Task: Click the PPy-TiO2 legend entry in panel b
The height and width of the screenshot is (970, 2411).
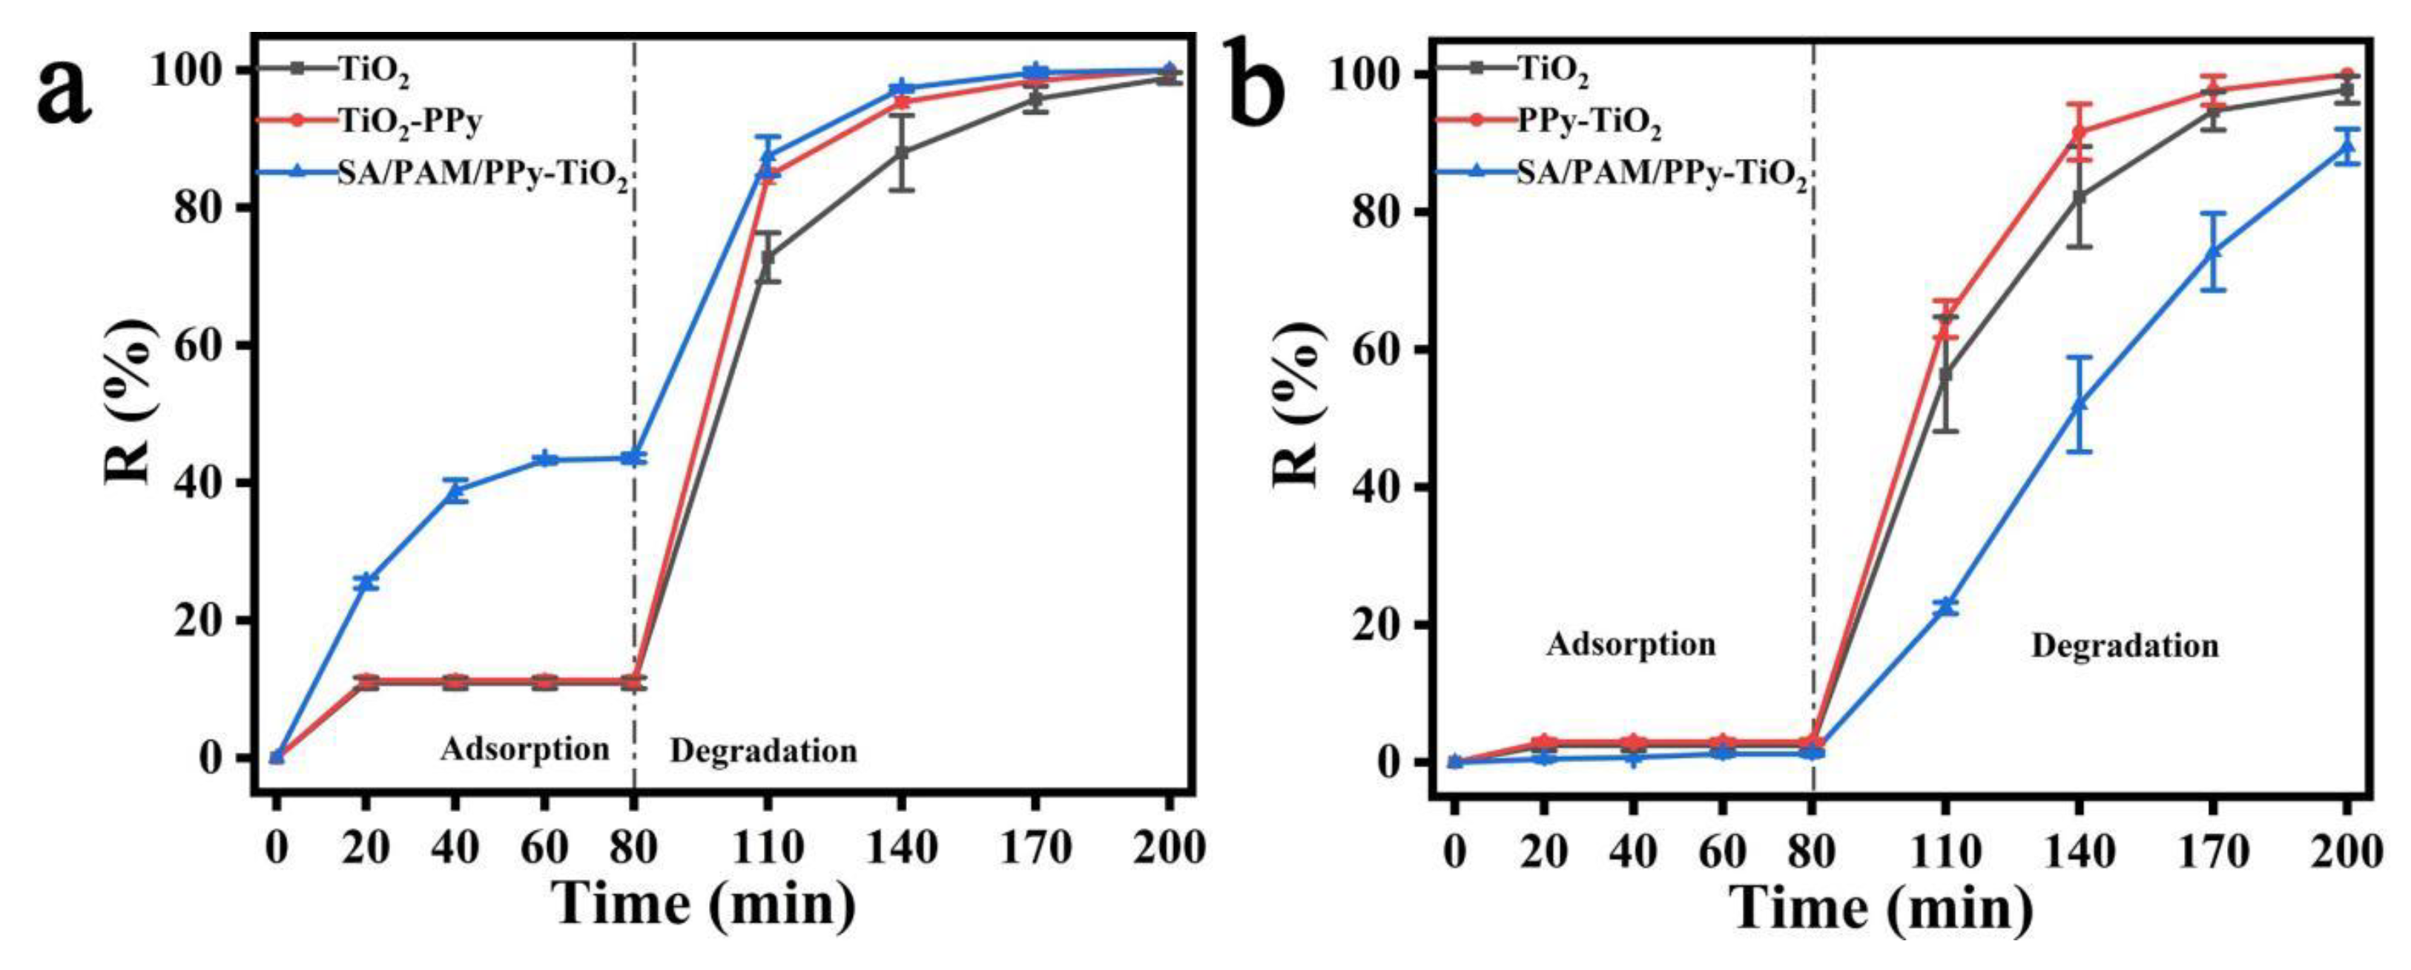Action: click(x=1589, y=124)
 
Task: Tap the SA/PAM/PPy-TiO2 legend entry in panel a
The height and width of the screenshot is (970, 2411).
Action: click(x=482, y=175)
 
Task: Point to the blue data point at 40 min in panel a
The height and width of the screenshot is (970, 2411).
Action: click(x=456, y=490)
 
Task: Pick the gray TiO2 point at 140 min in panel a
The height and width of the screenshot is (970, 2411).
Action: click(x=901, y=153)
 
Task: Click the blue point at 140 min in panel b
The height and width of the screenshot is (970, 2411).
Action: click(x=2079, y=404)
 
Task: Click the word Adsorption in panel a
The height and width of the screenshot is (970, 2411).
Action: click(x=524, y=749)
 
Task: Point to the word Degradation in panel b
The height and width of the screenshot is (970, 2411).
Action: click(x=2125, y=646)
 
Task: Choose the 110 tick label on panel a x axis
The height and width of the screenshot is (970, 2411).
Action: click(x=768, y=849)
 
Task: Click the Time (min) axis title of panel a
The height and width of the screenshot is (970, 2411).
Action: click(x=704, y=905)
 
